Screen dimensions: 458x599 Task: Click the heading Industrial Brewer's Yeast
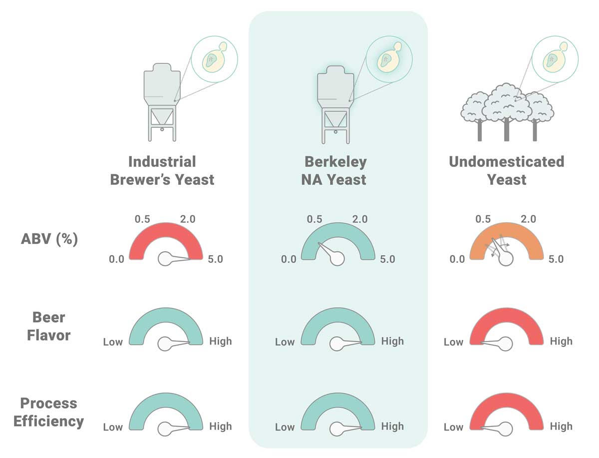point(162,170)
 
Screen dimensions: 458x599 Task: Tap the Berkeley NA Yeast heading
point(334,170)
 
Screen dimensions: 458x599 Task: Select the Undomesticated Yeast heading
point(507,170)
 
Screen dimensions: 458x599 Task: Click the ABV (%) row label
point(49,239)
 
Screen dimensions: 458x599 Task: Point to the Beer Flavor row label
point(49,326)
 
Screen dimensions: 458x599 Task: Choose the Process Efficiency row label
point(48,412)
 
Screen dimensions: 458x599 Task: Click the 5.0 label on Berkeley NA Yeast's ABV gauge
point(387,259)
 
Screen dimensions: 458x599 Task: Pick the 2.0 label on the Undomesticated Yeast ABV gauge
point(528,219)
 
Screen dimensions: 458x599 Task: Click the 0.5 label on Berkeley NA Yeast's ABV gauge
point(314,219)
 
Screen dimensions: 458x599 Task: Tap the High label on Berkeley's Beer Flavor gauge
point(392,342)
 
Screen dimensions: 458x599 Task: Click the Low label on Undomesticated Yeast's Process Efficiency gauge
point(453,428)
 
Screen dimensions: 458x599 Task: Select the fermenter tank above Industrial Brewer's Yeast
point(162,102)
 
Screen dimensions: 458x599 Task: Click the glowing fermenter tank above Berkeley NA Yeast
point(335,105)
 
